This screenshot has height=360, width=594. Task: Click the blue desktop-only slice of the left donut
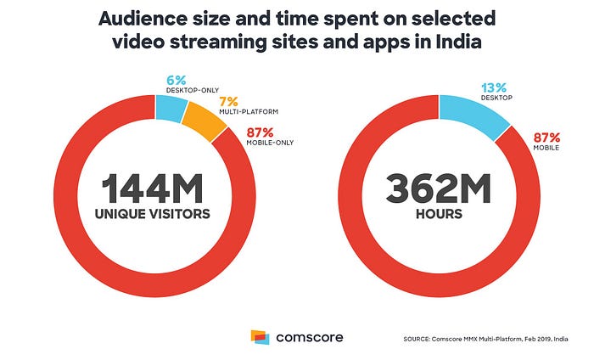(x=171, y=108)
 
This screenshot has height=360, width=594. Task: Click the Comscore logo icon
(x=261, y=337)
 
